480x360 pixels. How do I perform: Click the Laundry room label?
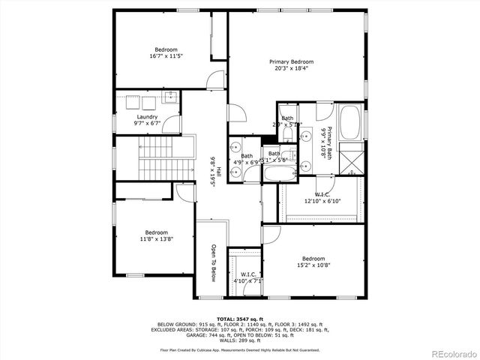pyautogui.click(x=147, y=116)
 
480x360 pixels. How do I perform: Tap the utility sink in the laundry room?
pyautogui.click(x=172, y=97)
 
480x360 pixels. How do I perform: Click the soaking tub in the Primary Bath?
pyautogui.click(x=349, y=123)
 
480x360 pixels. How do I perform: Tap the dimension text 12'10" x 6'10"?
pyautogui.click(x=322, y=201)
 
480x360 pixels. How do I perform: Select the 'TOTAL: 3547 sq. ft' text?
pyautogui.click(x=240, y=319)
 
